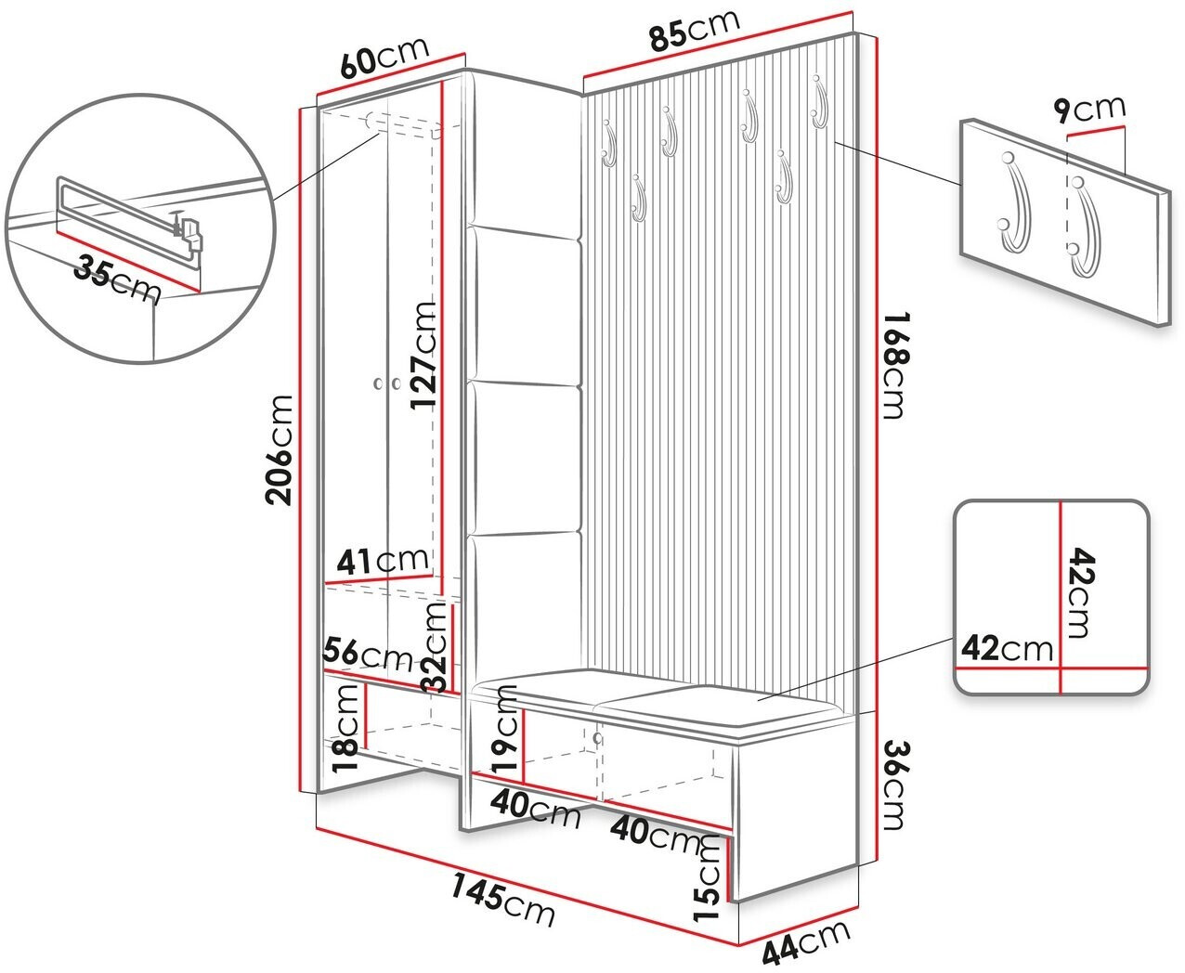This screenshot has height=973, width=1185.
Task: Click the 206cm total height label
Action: [280, 450]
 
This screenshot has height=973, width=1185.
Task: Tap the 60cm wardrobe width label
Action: [384, 57]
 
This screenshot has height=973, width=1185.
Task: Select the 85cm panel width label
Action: [695, 29]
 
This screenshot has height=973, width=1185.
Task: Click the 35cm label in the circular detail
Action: [117, 279]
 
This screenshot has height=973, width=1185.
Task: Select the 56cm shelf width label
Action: [368, 654]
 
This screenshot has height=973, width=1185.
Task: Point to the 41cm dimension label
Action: [382, 561]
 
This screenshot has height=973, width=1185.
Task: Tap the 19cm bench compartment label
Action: [505, 730]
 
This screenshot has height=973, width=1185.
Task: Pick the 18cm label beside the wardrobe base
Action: [344, 730]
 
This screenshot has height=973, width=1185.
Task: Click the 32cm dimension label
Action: [436, 647]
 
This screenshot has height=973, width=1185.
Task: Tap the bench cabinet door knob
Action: [598, 737]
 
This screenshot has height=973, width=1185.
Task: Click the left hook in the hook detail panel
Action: [1015, 209]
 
